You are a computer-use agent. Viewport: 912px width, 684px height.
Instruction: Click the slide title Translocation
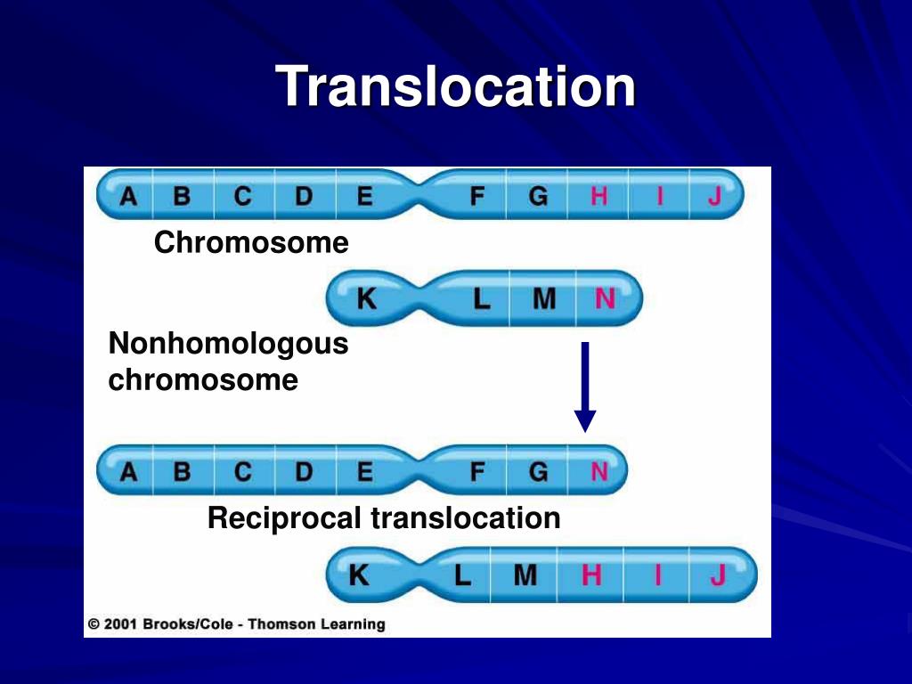456,87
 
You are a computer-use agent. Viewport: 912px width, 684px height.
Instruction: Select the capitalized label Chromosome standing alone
251,242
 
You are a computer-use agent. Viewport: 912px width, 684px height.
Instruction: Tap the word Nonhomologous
228,344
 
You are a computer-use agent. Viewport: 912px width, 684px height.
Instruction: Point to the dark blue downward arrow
585,387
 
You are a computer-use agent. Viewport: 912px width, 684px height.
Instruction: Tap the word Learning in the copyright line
353,624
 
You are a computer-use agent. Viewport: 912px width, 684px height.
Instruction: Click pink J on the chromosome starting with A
714,196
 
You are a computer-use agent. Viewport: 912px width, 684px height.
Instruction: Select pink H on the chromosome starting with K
591,576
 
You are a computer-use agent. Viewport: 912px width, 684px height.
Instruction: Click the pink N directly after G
598,471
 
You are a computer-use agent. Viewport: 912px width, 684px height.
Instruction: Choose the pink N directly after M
605,299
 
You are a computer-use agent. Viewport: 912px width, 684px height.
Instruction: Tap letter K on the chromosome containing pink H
358,576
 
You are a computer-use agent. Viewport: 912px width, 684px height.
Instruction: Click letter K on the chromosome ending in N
366,299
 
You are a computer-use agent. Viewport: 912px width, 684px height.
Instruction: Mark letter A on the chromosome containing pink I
129,196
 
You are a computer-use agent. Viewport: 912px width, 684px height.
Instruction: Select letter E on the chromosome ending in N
364,471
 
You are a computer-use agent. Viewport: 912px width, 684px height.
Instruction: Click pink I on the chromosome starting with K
657,576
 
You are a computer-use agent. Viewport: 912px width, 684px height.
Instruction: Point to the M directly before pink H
525,576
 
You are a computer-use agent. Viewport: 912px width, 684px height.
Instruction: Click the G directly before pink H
538,196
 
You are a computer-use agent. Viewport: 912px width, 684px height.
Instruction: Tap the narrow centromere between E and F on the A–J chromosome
419,196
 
